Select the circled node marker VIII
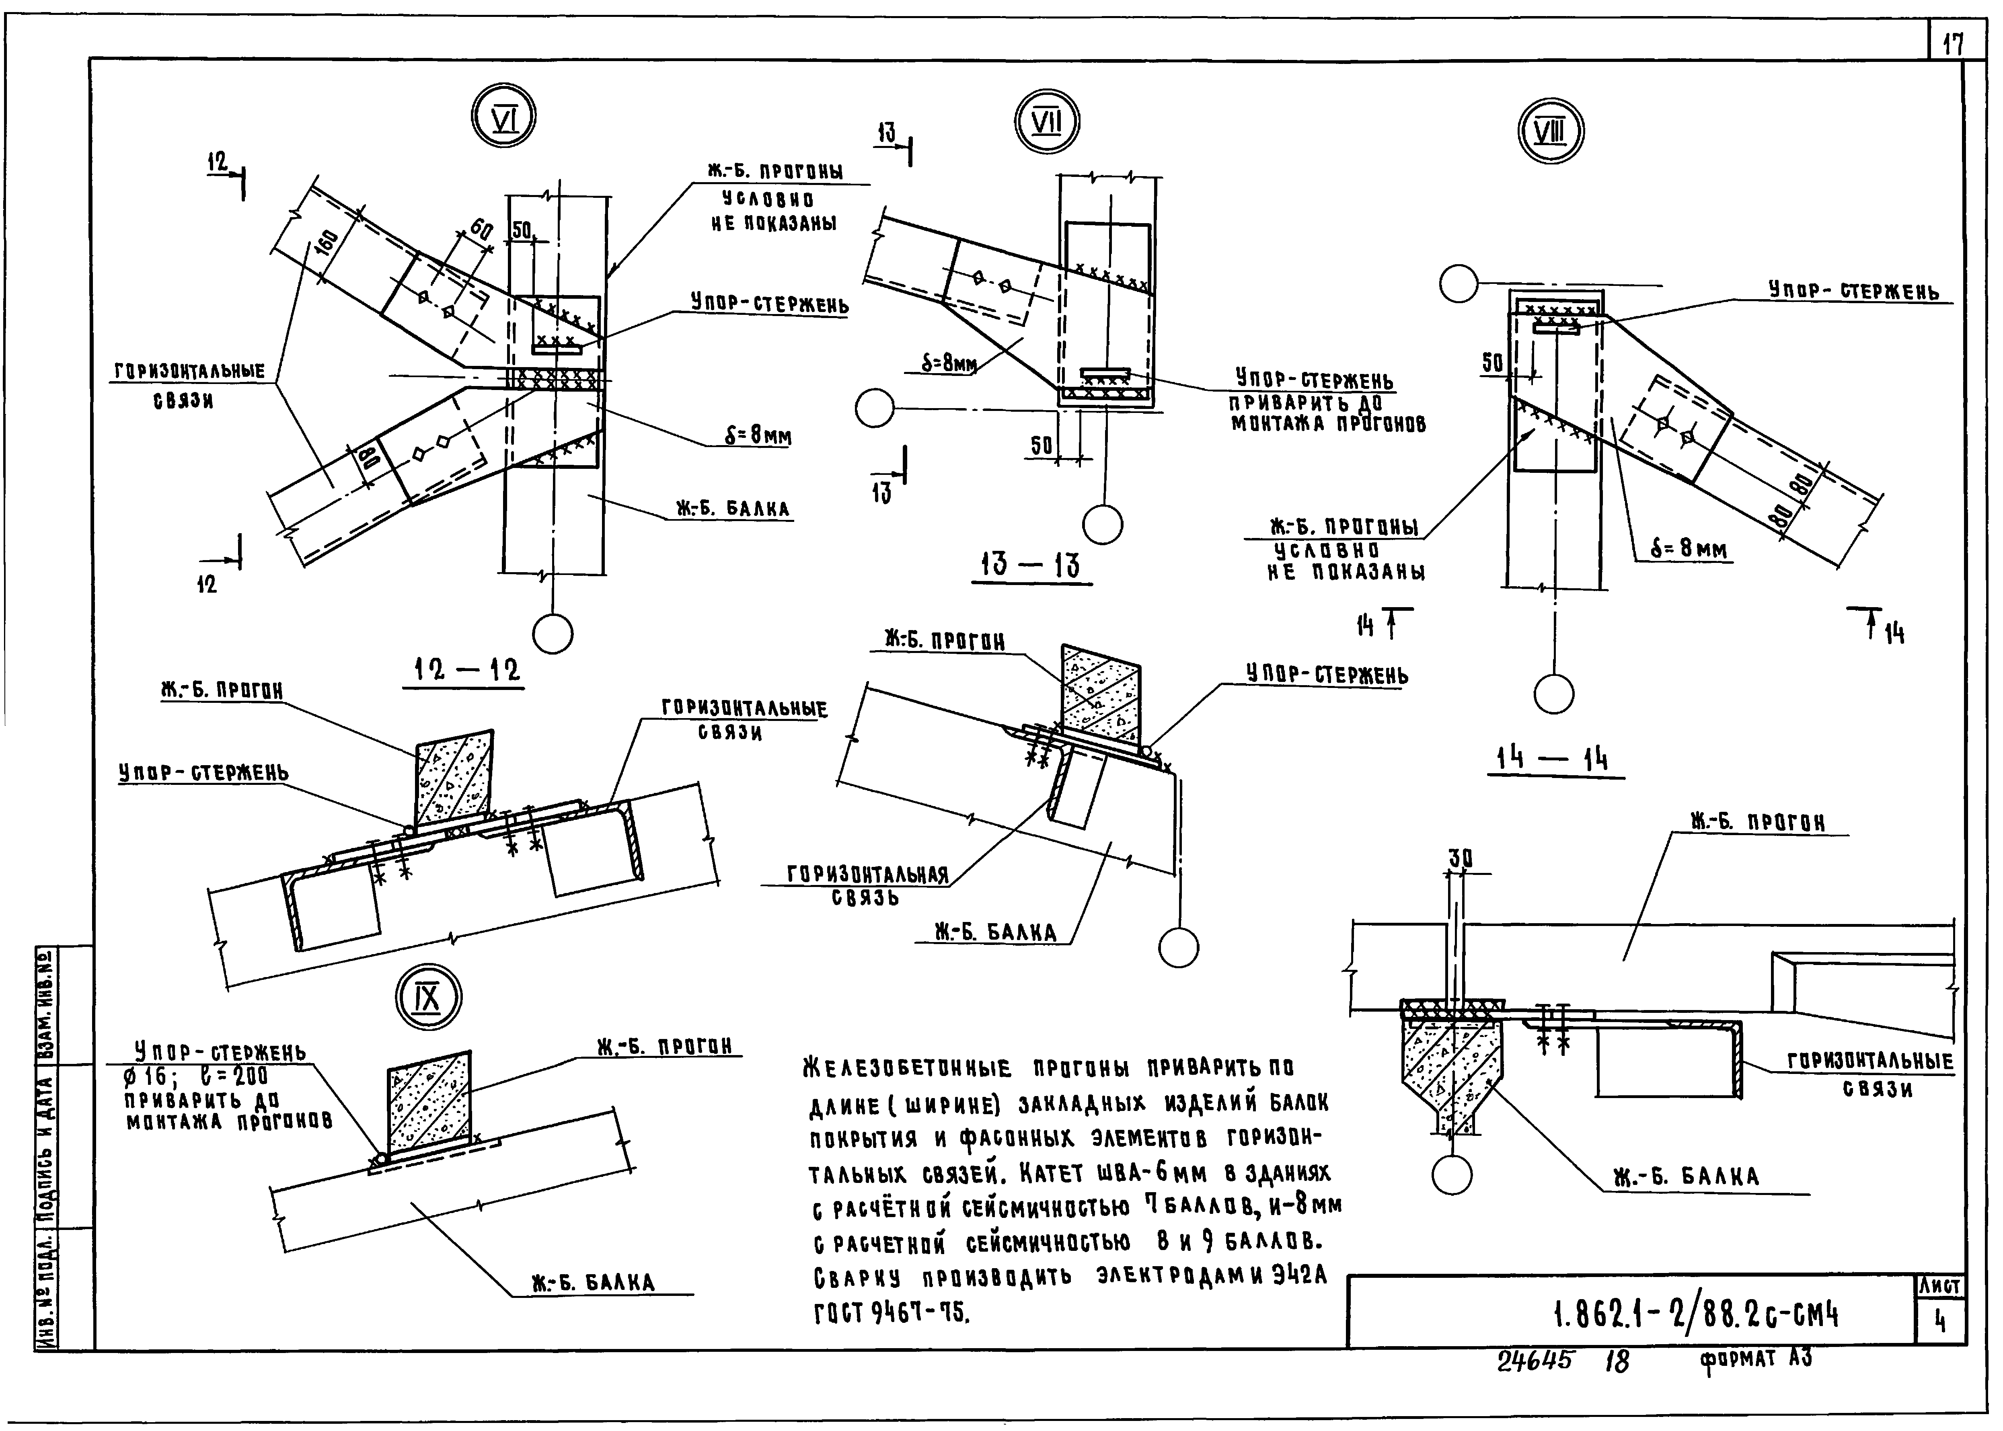tap(1551, 131)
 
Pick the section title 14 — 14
tap(1553, 759)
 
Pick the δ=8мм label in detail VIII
tap(1689, 550)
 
